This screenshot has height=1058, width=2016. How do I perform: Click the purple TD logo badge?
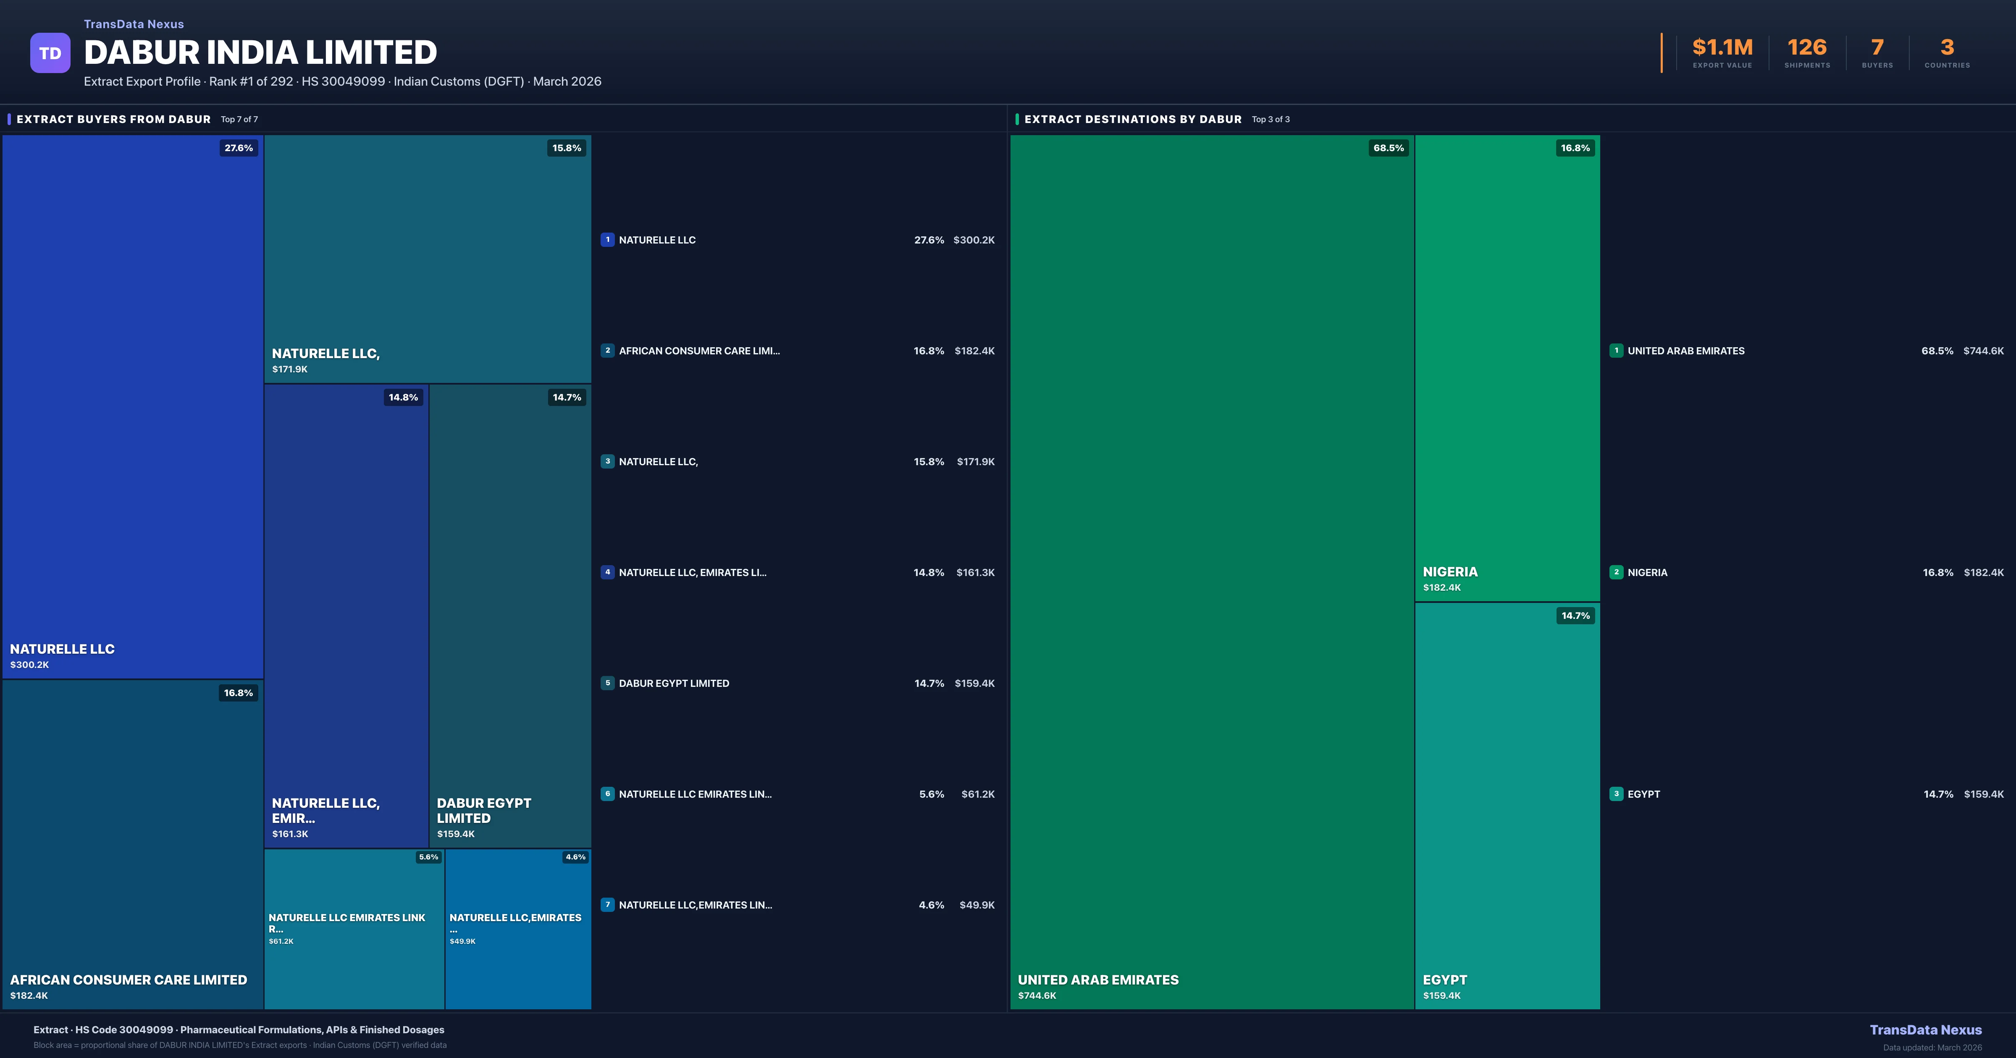[x=50, y=53]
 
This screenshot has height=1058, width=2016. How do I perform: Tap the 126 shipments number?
[x=1806, y=48]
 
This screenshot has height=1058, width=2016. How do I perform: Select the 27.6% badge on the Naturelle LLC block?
[x=239, y=148]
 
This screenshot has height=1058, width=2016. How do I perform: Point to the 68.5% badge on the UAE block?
[x=1389, y=148]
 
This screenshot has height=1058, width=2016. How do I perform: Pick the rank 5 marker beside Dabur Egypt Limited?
[x=607, y=683]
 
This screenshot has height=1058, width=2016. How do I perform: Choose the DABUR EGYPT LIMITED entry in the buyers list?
[x=674, y=683]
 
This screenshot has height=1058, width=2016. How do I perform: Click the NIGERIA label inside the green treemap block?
[x=1450, y=572]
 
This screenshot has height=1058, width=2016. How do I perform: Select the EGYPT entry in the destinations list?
[x=1643, y=794]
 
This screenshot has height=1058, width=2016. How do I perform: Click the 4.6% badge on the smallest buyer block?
[x=575, y=857]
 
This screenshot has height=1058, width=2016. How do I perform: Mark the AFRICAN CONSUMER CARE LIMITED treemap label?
[x=129, y=980]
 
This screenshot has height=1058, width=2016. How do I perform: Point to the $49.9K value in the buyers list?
[x=976, y=906]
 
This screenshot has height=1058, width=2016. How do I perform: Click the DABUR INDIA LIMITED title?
[x=260, y=52]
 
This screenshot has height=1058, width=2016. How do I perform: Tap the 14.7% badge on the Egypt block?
[x=1575, y=616]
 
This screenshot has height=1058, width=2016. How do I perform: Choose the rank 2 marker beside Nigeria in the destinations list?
[x=1616, y=572]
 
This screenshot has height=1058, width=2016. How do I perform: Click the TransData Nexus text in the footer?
[x=1925, y=1030]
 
